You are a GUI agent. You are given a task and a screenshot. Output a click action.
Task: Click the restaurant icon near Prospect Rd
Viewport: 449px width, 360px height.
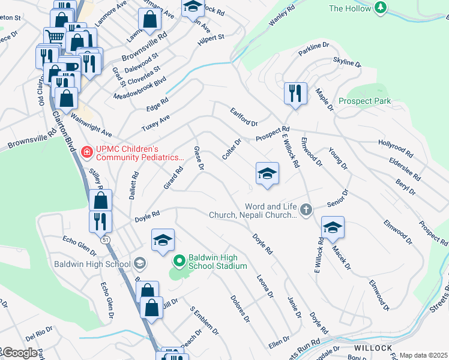tap(294, 94)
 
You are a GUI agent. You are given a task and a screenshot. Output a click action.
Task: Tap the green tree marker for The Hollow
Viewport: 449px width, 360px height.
tap(379, 8)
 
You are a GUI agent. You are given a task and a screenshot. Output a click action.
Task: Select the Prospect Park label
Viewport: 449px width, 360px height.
tap(364, 101)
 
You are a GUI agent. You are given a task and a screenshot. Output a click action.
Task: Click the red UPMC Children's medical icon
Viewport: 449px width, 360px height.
tap(86, 153)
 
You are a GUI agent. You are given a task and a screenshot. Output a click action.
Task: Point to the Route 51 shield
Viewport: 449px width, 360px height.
tap(106, 239)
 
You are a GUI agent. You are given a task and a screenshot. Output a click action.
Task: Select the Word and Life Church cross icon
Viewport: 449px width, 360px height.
tap(306, 209)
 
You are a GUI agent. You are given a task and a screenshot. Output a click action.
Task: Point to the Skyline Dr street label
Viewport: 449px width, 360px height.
tap(347, 63)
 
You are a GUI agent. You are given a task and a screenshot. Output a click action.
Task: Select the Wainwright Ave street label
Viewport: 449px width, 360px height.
tap(92, 125)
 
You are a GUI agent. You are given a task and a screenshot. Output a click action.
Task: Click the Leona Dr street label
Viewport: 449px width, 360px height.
tap(265, 286)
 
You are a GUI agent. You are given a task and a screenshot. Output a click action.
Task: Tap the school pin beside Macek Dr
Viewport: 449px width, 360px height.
tap(333, 227)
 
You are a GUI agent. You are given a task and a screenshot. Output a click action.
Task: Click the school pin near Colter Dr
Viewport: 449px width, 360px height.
tap(267, 174)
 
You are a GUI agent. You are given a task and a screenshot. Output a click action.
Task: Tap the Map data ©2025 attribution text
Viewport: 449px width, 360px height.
tap(423, 355)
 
